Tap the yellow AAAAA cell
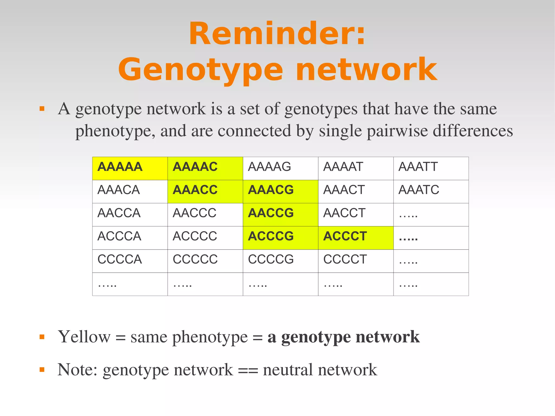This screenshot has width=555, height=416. [x=130, y=168]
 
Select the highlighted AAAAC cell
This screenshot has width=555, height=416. [x=205, y=168]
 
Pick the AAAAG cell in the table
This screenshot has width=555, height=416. [x=280, y=168]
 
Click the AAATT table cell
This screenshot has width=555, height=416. [x=431, y=168]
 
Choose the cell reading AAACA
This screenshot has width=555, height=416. [x=130, y=191]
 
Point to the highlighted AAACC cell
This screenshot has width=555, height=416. [x=205, y=191]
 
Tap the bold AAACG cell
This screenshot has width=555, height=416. [x=280, y=191]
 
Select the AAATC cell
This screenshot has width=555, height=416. [x=431, y=191]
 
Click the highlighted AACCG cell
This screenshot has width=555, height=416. [x=280, y=215]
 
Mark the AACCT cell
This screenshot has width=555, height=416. [x=356, y=215]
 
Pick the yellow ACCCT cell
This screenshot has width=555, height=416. [x=356, y=238]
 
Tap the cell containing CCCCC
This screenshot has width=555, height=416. [x=205, y=261]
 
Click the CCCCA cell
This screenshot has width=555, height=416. [x=130, y=261]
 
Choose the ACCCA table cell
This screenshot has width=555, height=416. [x=130, y=238]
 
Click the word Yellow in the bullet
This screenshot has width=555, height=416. [x=84, y=337]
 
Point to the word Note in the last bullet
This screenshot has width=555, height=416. [x=77, y=370]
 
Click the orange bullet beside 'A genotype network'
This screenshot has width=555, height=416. [x=42, y=109]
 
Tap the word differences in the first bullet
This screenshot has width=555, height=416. [x=473, y=131]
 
